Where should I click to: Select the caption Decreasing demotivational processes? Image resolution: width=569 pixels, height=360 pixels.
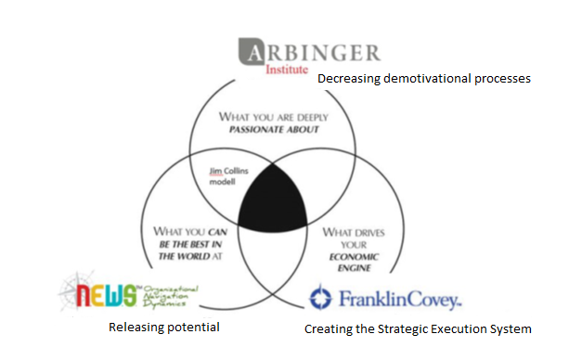coord(424,80)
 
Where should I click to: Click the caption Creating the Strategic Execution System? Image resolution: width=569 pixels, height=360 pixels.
coord(419,328)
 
